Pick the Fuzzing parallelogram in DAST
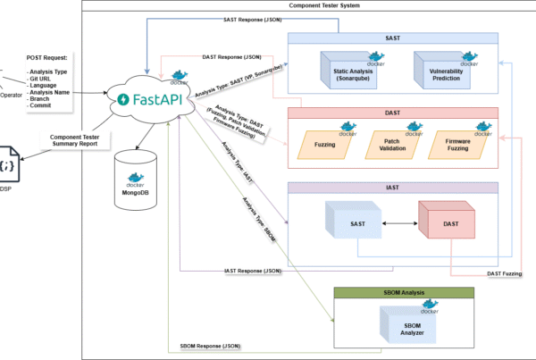326,142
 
